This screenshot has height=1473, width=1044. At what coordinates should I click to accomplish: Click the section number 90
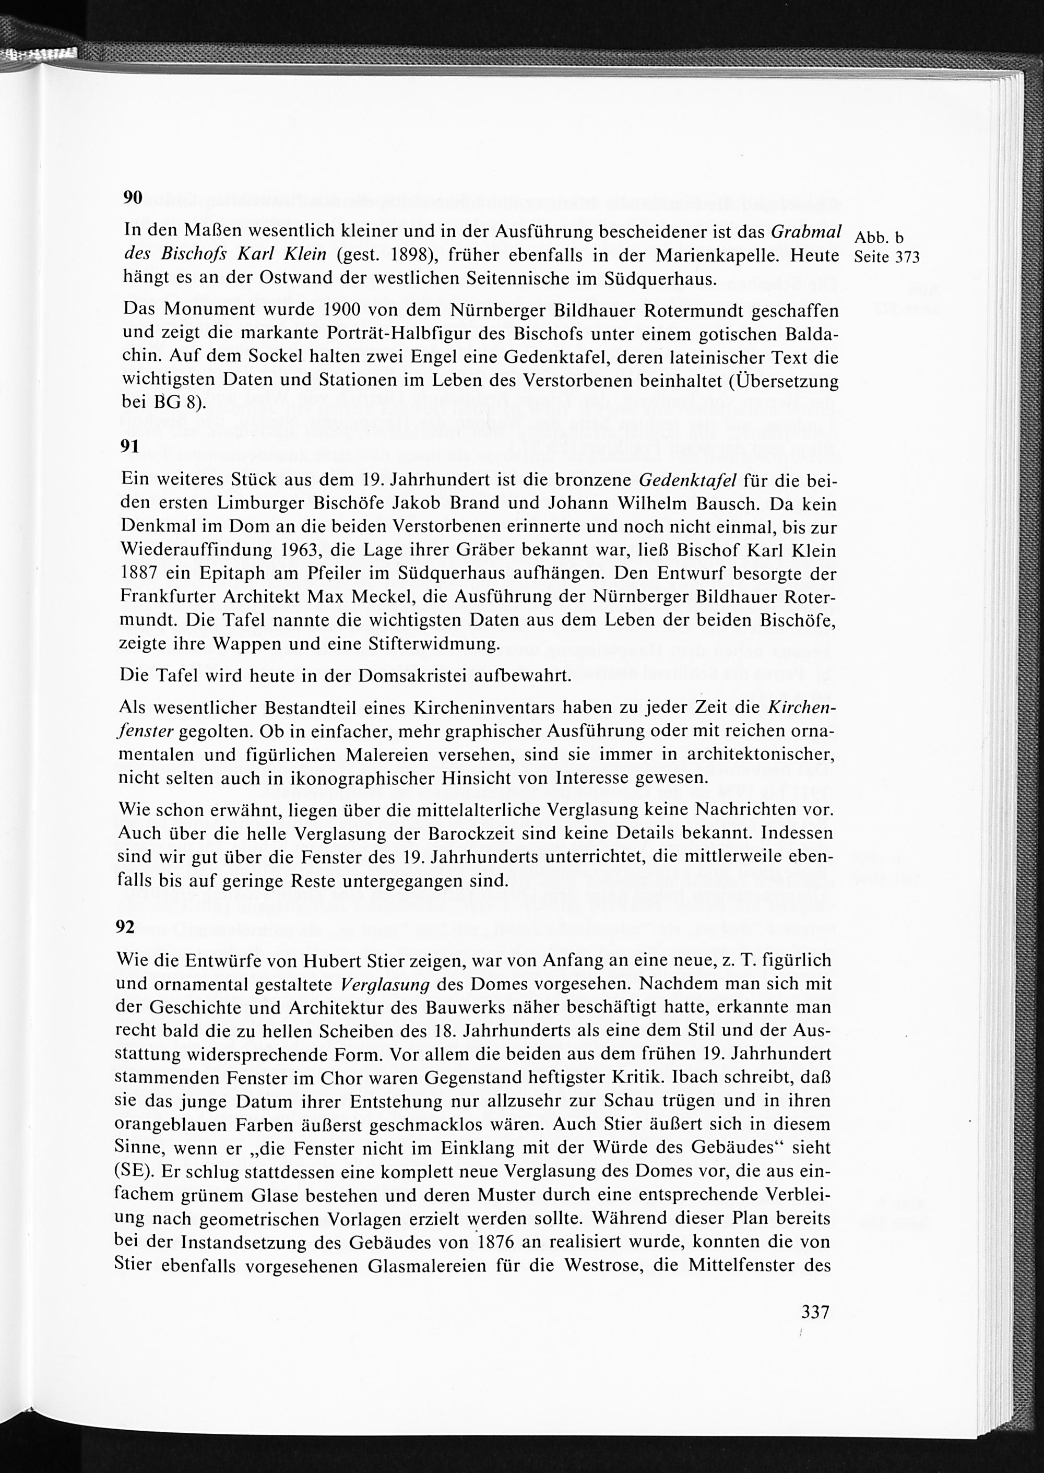point(133,197)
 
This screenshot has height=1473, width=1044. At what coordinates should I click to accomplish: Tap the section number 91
point(130,447)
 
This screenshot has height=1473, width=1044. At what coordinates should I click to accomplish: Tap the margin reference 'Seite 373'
point(887,257)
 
